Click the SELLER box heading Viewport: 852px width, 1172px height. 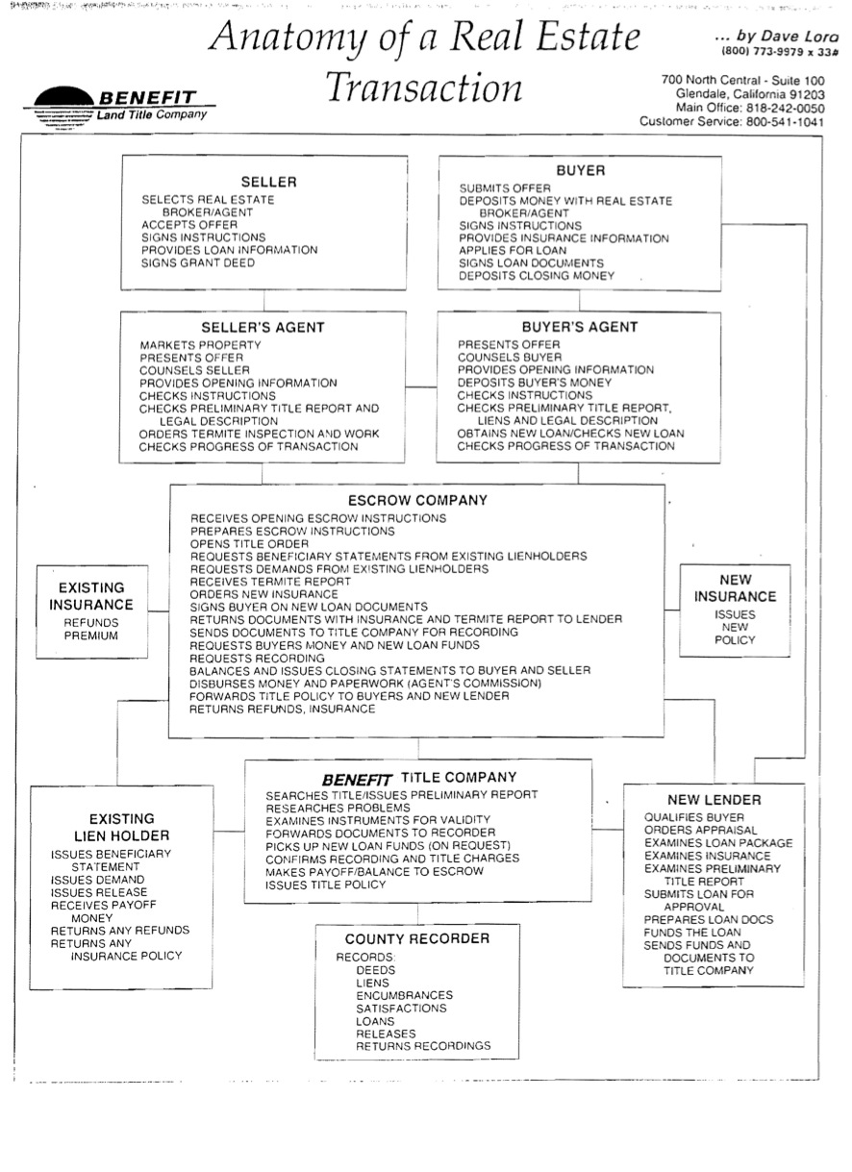pos(268,182)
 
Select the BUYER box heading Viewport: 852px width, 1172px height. pos(580,170)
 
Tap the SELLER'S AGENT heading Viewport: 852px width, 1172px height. pos(263,327)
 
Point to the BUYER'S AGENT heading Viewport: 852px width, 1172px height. pos(579,327)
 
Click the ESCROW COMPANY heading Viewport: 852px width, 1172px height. pos(417,500)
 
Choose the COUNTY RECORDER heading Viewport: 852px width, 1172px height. pos(417,938)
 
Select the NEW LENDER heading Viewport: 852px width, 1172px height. pos(714,800)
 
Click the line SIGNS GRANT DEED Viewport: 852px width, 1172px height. pos(198,262)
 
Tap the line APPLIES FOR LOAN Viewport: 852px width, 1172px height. pos(513,250)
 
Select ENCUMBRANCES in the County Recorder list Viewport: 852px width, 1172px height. pos(404,995)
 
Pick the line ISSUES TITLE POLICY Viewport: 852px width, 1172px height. pos(326,885)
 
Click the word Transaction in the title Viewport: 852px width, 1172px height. pos(424,87)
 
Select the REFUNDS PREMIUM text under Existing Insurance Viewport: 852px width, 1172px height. pos(91,629)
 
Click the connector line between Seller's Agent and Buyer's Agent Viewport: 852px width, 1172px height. pos(421,387)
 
